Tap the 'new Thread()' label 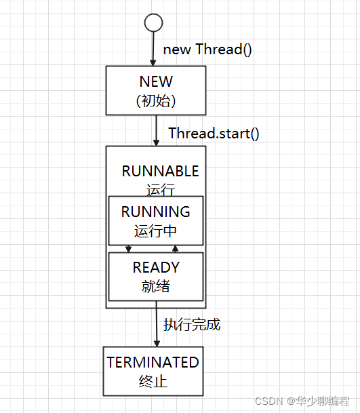pos(207,50)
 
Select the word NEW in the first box pos(156,81)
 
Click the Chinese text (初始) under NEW pos(156,101)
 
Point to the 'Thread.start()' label pos(214,134)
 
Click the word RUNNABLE pos(160,171)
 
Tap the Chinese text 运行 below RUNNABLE pos(161,190)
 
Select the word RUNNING pos(156,212)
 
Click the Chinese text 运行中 pos(155,231)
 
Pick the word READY pos(156,268)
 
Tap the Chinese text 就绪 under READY pos(156,286)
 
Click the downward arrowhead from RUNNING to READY pos(129,249)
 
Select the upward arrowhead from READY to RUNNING pos(175,248)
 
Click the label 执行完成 pos(192,324)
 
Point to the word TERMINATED pos(153,362)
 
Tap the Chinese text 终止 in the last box pos(153,381)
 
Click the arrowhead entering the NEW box pos(153,62)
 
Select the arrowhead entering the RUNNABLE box pos(156,143)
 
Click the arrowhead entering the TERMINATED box pos(157,343)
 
